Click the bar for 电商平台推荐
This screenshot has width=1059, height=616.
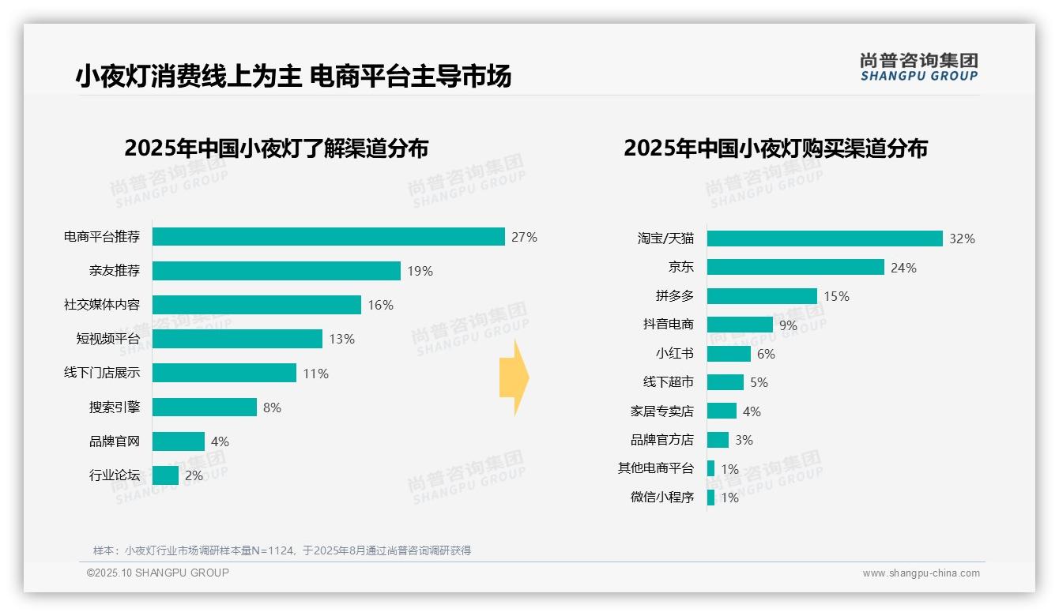coord(328,237)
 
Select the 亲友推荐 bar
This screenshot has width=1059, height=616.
coord(276,271)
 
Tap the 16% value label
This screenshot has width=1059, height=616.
coord(380,305)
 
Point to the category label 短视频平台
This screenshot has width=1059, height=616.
coord(107,339)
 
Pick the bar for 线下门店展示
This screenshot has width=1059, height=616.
coord(224,373)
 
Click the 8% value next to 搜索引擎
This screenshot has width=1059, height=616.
coord(272,408)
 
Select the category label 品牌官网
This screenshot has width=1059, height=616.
coord(114,441)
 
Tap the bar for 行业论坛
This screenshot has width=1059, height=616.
coord(165,475)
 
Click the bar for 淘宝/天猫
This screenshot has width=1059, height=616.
coord(824,239)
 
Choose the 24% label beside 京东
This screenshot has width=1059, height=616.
coord(903,268)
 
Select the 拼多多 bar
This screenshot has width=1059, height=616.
coord(762,296)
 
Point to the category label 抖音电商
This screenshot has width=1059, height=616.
coord(668,325)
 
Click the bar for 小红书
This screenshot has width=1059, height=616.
coord(729,354)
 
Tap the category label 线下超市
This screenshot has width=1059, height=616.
coord(668,382)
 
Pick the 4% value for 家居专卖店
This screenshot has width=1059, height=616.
coord(752,411)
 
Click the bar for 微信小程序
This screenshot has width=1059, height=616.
coord(710,498)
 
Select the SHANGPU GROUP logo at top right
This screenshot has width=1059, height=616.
coord(918,67)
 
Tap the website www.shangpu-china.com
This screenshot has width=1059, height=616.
coord(921,573)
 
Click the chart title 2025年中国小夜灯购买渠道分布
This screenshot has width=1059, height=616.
coord(775,148)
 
